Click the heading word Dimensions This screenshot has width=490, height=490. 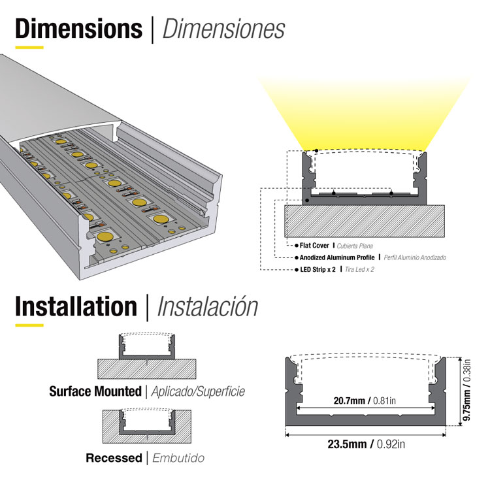[78, 29]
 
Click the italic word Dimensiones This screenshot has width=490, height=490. [223, 29]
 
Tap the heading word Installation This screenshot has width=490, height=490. [76, 306]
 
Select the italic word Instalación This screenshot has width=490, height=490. [208, 306]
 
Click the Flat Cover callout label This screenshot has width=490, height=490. [314, 246]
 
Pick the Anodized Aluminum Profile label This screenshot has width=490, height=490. [337, 257]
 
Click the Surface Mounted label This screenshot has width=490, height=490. [95, 391]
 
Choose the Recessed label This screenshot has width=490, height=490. [114, 458]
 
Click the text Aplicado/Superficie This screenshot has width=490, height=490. [198, 391]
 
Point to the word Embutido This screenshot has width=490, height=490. [178, 458]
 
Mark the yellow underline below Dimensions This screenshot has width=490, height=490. [29, 48]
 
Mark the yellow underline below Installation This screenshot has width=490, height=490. [29, 325]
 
